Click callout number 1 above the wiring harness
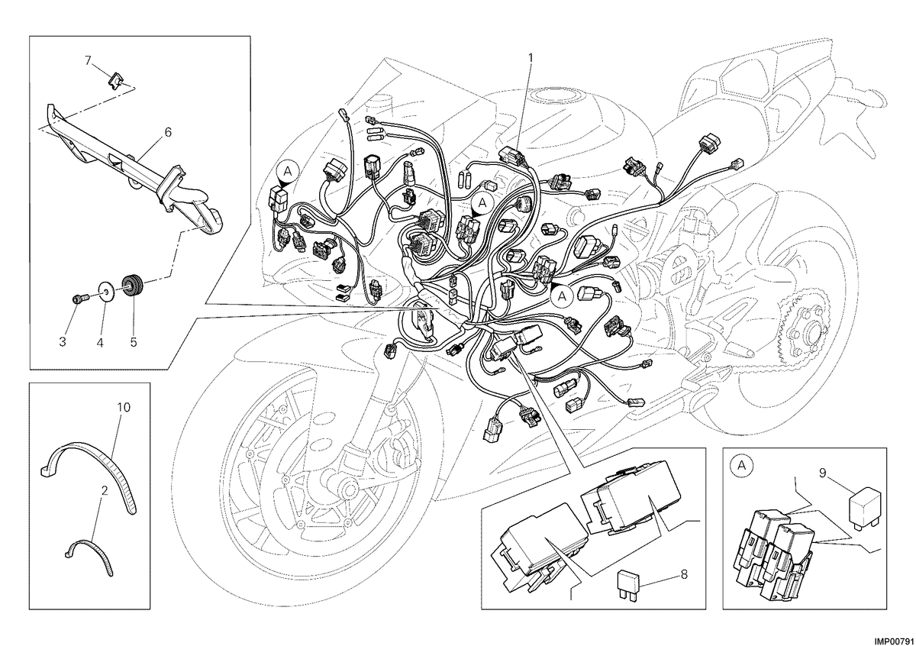[531, 58]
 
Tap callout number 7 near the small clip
[89, 60]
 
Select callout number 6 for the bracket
[168, 132]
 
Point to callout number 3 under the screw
[63, 341]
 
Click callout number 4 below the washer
[100, 341]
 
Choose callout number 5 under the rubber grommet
[134, 341]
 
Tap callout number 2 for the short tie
[105, 490]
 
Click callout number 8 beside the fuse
[684, 574]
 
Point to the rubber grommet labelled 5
[133, 286]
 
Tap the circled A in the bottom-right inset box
[741, 465]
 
